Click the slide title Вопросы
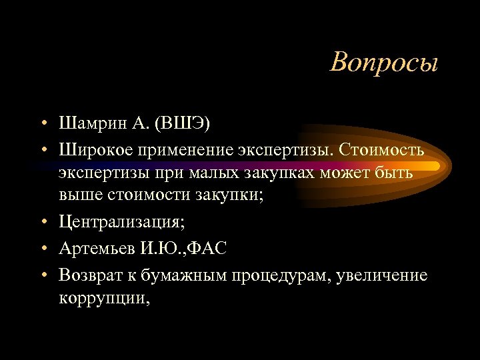384,63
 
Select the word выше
78,196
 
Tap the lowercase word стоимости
142,196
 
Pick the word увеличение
383,275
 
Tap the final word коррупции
103,299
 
